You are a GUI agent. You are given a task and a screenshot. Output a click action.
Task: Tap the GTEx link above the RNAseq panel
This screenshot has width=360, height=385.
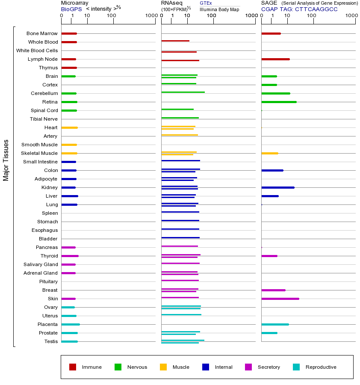tap(206, 3)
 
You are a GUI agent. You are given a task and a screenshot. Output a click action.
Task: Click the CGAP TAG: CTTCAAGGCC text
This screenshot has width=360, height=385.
tap(299, 9)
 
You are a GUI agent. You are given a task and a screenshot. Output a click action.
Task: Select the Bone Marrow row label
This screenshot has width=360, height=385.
tap(42, 33)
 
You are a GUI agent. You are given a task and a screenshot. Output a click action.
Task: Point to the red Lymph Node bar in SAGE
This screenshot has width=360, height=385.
tap(275, 59)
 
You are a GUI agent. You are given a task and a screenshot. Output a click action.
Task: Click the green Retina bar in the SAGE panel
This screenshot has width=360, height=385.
tap(279, 102)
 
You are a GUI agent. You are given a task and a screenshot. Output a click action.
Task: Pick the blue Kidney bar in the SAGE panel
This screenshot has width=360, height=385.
tap(277, 187)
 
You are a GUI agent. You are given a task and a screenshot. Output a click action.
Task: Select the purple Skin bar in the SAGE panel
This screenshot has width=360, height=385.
tap(280, 299)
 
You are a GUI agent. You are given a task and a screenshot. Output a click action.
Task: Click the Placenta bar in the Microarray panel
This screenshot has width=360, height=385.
tap(71, 324)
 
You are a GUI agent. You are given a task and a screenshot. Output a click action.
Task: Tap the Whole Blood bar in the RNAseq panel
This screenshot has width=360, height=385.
tap(175, 41)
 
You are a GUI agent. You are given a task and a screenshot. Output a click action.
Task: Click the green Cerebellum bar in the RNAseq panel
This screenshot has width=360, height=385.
tap(183, 92)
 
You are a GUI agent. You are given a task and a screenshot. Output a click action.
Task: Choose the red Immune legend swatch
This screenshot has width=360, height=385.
tap(73, 367)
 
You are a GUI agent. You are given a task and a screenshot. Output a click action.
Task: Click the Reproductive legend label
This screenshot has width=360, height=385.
tap(321, 367)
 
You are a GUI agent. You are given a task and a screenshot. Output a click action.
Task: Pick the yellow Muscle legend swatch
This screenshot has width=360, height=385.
tap(163, 367)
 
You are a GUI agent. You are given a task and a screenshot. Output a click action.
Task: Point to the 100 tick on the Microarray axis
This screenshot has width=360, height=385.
tap(112, 16)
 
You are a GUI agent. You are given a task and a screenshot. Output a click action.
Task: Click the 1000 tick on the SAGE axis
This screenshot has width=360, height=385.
tap(351, 16)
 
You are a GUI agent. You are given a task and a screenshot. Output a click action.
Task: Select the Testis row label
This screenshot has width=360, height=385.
tap(51, 341)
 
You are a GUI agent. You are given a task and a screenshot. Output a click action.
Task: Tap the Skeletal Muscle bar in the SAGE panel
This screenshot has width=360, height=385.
tap(269, 153)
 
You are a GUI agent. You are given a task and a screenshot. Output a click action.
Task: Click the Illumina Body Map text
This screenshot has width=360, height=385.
tap(219, 9)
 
